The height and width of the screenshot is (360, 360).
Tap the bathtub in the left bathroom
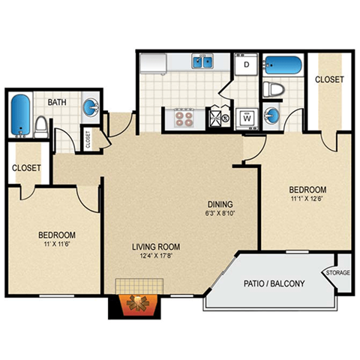click(x=20, y=113)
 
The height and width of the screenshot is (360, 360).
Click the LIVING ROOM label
click(x=154, y=246)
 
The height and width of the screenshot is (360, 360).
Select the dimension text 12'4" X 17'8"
click(x=154, y=259)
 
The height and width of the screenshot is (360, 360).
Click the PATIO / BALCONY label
click(x=274, y=283)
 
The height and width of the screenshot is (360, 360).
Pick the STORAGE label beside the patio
click(x=337, y=273)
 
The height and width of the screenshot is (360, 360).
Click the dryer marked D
click(x=246, y=65)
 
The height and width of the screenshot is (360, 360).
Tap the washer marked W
click(x=246, y=117)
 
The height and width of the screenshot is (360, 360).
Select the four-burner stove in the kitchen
click(x=184, y=117)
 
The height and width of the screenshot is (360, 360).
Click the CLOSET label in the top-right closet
click(x=329, y=79)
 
